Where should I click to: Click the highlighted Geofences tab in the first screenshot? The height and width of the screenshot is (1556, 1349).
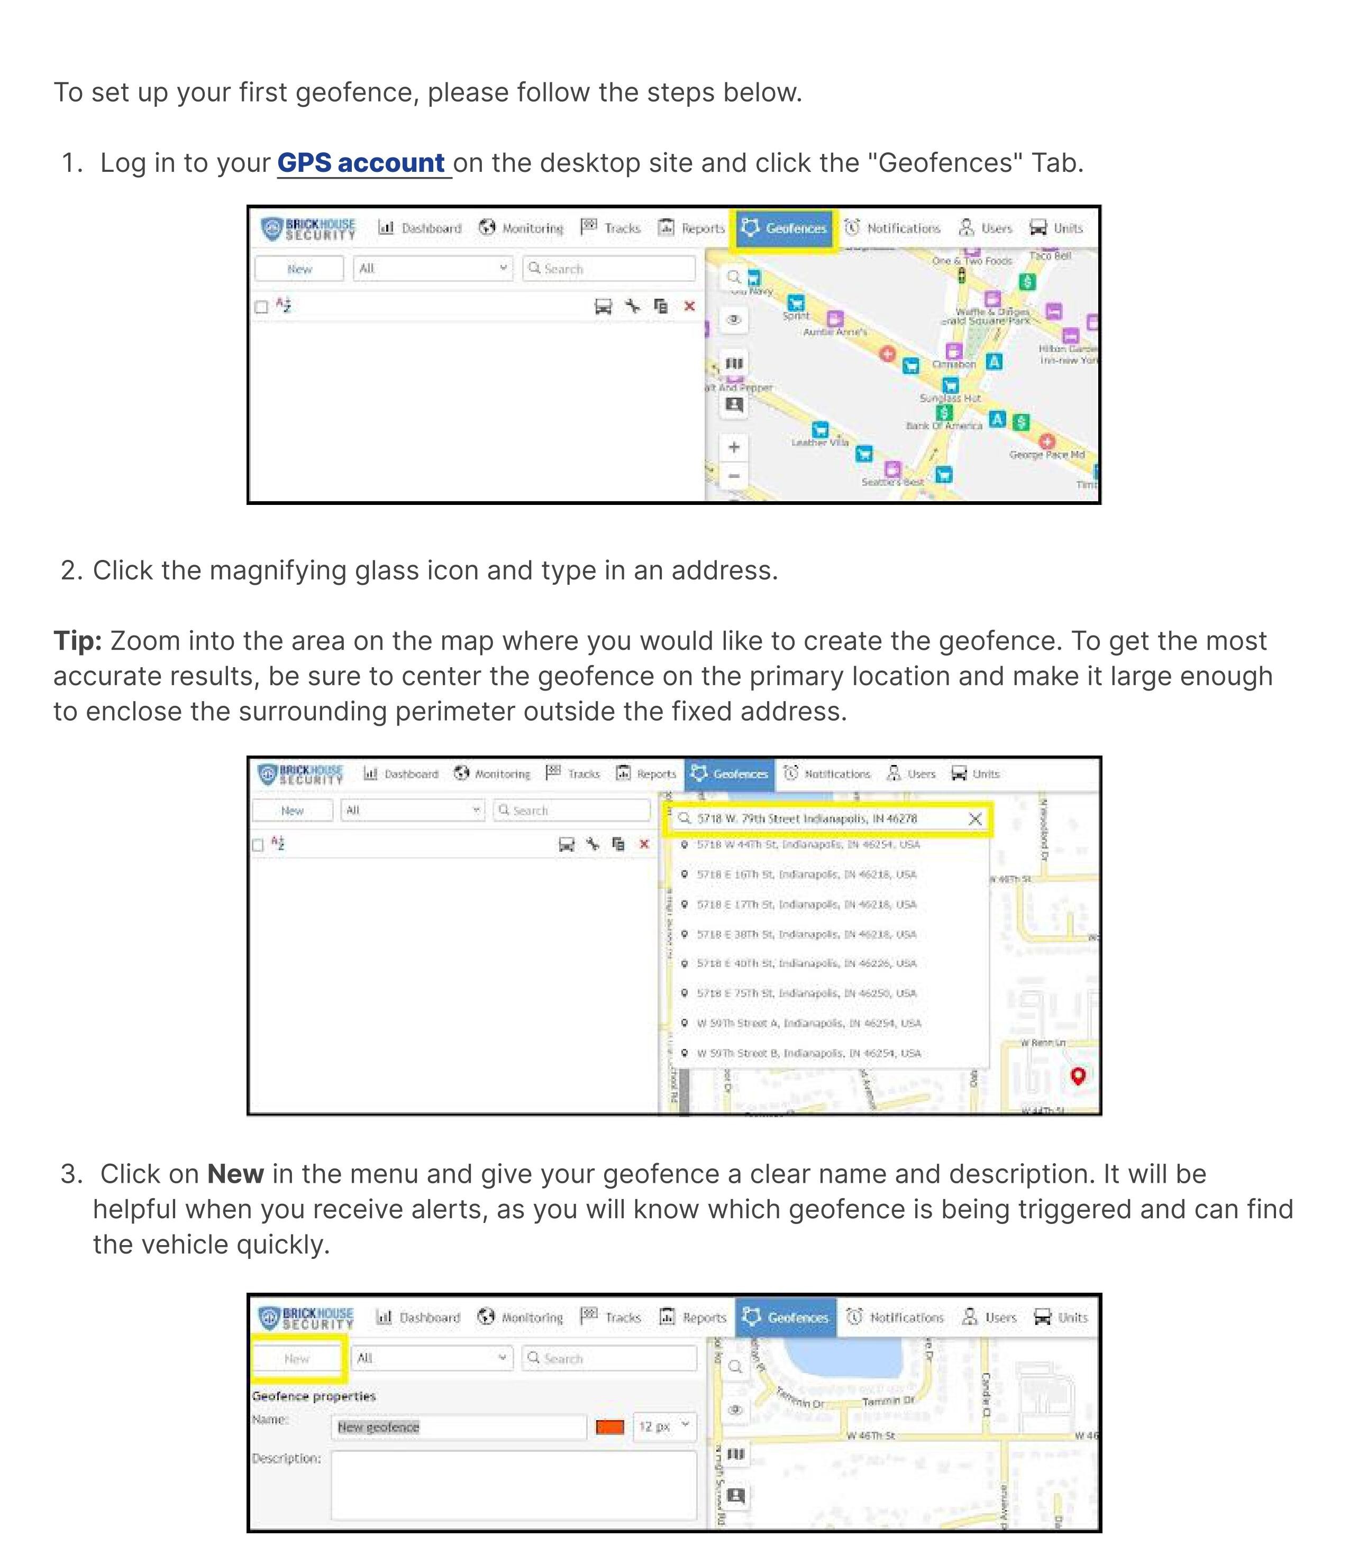click(785, 228)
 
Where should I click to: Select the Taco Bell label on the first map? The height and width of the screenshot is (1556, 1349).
click(1050, 256)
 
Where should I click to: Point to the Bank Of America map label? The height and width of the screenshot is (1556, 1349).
click(944, 425)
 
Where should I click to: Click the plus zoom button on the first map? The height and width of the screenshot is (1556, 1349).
click(734, 447)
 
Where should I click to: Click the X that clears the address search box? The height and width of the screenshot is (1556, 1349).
click(975, 818)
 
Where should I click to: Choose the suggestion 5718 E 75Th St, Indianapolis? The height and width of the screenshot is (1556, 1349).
click(806, 993)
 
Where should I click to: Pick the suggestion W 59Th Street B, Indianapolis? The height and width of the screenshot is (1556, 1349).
click(808, 1053)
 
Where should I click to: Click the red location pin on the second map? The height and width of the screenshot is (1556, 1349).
click(1078, 1075)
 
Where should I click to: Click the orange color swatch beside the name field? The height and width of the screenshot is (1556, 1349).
click(610, 1426)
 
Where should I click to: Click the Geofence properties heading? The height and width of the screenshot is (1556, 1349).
click(313, 1396)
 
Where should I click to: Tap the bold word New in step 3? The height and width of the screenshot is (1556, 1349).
click(235, 1174)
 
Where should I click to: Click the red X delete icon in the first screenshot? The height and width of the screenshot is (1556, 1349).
click(689, 306)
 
